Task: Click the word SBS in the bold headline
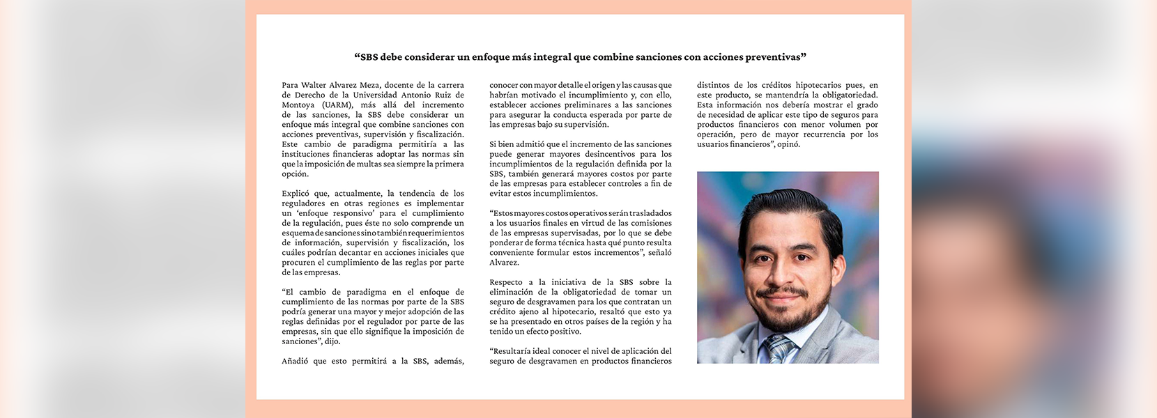(369, 57)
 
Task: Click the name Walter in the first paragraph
(314, 86)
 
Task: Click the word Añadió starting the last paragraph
(295, 362)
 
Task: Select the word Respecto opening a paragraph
(506, 283)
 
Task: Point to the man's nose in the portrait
(783, 272)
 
